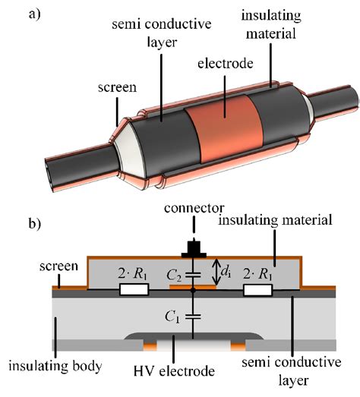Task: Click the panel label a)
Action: [16, 14]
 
